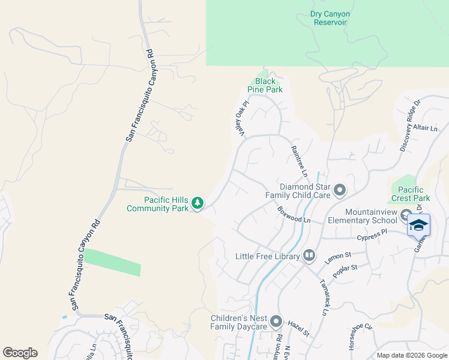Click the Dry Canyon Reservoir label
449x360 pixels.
click(x=330, y=18)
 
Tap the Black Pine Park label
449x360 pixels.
click(x=265, y=85)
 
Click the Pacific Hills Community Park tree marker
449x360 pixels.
click(x=197, y=204)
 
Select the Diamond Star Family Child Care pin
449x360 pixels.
click(x=340, y=191)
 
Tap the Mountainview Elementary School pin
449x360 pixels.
click(x=406, y=216)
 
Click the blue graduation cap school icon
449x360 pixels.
click(x=418, y=226)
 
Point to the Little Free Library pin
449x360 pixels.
click(x=309, y=256)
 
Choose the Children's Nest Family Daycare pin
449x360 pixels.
click(x=276, y=322)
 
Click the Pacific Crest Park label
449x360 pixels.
click(x=411, y=193)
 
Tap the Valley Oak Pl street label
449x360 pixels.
click(x=242, y=119)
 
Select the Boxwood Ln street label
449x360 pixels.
click(x=294, y=215)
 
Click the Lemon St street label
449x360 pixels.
click(x=338, y=258)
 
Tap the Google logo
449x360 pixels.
click(x=20, y=353)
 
